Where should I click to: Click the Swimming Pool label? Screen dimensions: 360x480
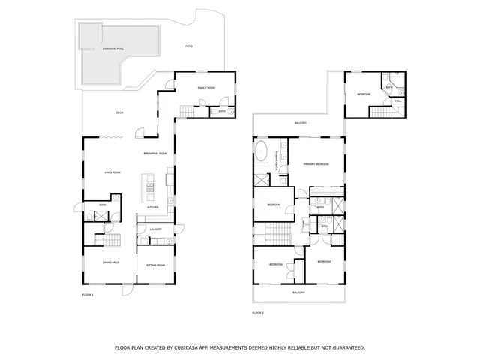(x=113, y=49)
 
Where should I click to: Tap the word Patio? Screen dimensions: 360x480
(x=189, y=46)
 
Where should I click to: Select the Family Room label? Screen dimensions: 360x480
(x=206, y=88)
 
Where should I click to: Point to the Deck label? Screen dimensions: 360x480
(x=119, y=112)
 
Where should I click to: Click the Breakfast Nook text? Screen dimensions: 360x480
(x=155, y=153)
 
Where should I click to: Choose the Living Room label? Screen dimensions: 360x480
(x=112, y=173)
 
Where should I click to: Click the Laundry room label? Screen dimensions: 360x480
(x=155, y=229)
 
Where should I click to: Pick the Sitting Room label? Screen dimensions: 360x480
(x=155, y=264)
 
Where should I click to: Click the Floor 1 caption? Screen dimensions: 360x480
(x=88, y=295)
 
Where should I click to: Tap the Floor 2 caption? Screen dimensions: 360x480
(x=258, y=312)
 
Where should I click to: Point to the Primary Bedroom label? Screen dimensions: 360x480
(x=316, y=163)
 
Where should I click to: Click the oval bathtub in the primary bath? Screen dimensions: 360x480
(x=262, y=154)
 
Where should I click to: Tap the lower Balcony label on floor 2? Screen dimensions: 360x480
(x=298, y=292)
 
